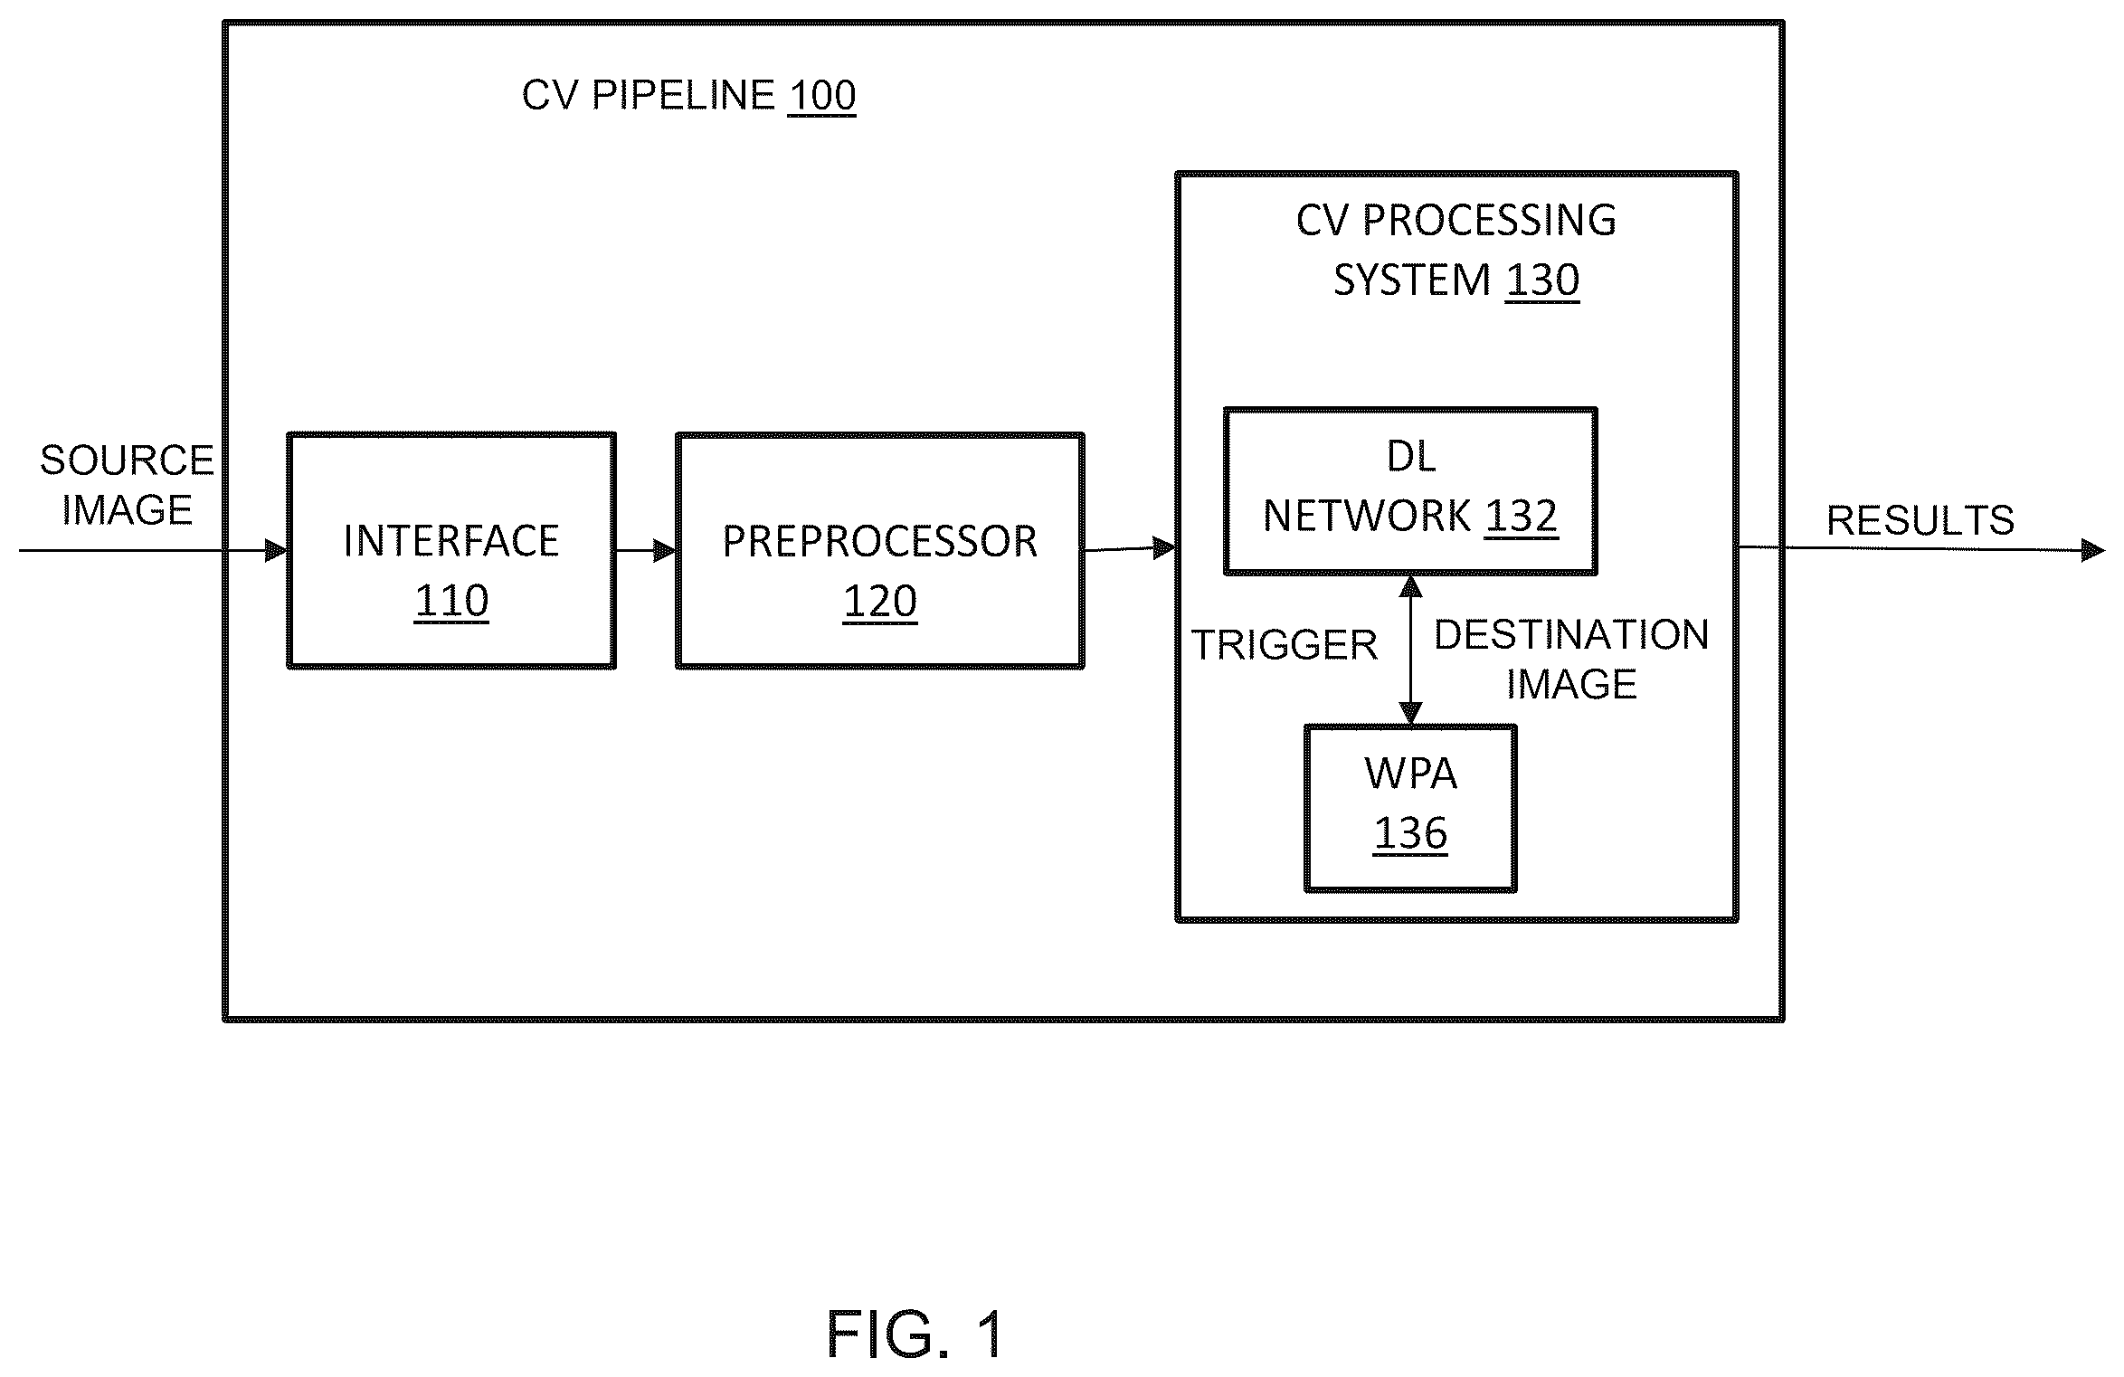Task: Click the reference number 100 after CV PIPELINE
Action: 821,96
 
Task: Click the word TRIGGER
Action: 1284,645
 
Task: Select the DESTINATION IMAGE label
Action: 1571,659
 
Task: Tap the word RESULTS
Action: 1920,520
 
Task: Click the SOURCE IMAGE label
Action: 127,485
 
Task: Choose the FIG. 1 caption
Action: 915,1334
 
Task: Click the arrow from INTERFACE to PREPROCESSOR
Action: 646,550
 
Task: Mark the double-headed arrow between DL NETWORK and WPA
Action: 1410,650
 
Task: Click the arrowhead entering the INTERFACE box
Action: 276,550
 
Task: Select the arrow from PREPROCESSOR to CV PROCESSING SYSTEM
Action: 1130,548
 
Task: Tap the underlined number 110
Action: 451,601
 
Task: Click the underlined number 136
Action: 1410,833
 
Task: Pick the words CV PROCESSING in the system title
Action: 1456,221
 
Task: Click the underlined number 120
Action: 880,602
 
